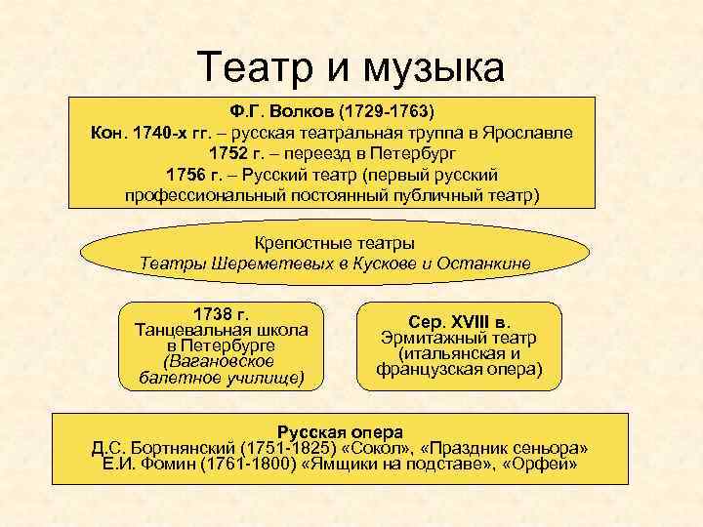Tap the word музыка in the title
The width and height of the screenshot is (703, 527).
(436, 66)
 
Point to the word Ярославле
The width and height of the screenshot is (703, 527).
(525, 132)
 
